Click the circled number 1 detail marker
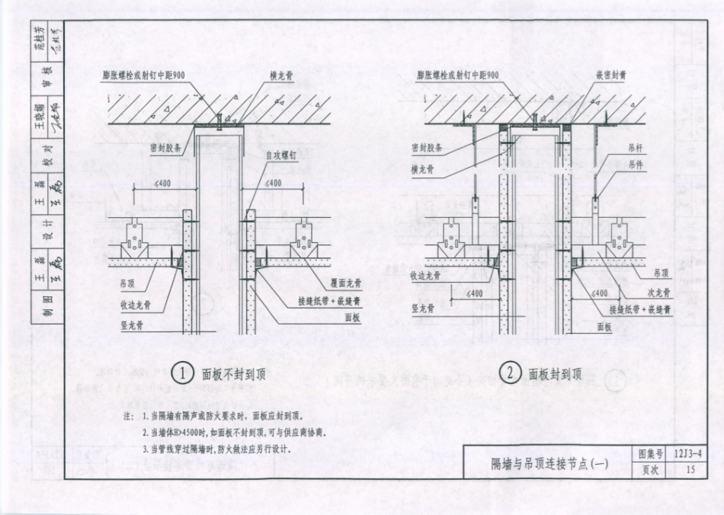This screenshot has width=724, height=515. click(x=183, y=374)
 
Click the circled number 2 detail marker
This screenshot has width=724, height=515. click(x=510, y=373)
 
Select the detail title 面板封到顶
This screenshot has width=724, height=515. click(x=556, y=374)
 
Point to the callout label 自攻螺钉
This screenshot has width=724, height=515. click(x=280, y=155)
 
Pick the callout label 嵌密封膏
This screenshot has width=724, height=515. click(x=611, y=76)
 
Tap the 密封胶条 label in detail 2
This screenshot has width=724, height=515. click(x=427, y=148)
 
